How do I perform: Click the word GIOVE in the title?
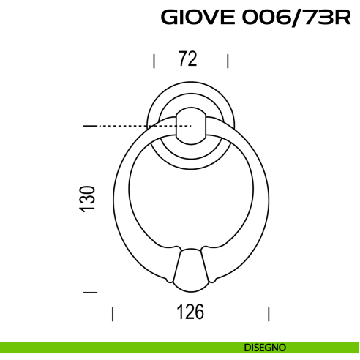pos(198,18)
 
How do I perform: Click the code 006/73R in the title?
pos(296,18)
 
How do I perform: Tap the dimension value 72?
pos(187,59)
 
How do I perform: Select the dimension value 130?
pos(87,199)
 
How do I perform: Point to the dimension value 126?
pos(190,312)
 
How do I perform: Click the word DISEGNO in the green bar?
pos(265,348)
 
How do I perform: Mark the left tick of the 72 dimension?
pos(154,61)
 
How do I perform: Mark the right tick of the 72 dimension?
pos(228,61)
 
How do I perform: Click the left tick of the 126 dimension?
pos(113,314)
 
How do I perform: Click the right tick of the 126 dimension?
pos(269,314)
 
